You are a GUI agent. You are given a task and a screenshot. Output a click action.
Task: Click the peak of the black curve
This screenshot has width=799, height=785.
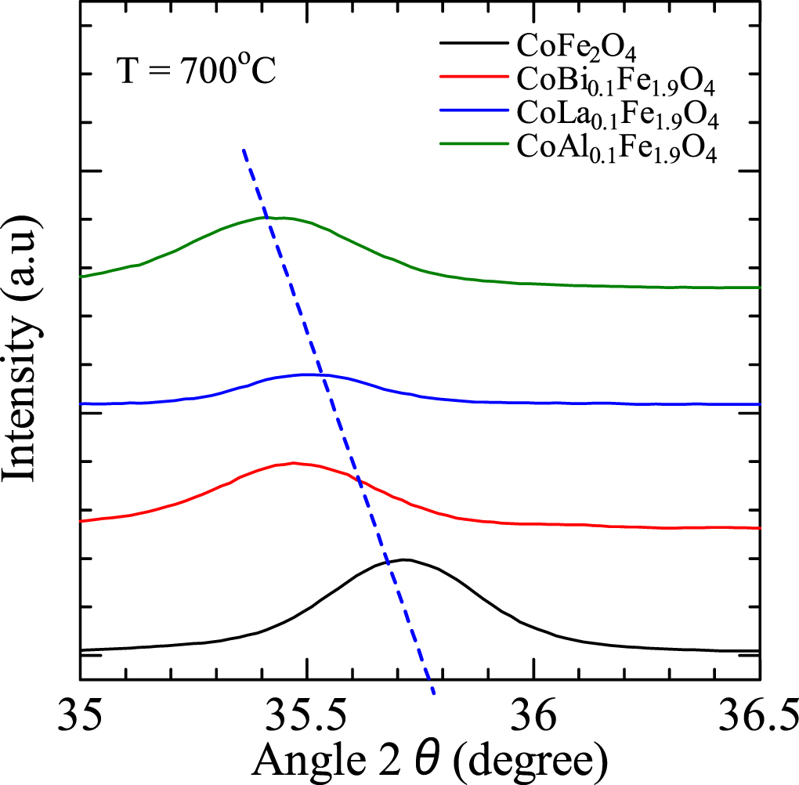[x=404, y=559]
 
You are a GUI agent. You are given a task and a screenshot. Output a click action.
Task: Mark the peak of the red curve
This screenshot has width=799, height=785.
[x=293, y=462]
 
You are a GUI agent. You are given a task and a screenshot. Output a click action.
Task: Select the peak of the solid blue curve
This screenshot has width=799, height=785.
[x=309, y=374]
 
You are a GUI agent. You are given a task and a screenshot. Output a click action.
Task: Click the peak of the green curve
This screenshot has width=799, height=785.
[x=274, y=217]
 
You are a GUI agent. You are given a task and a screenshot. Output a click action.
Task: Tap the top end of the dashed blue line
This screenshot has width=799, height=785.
[x=244, y=149]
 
